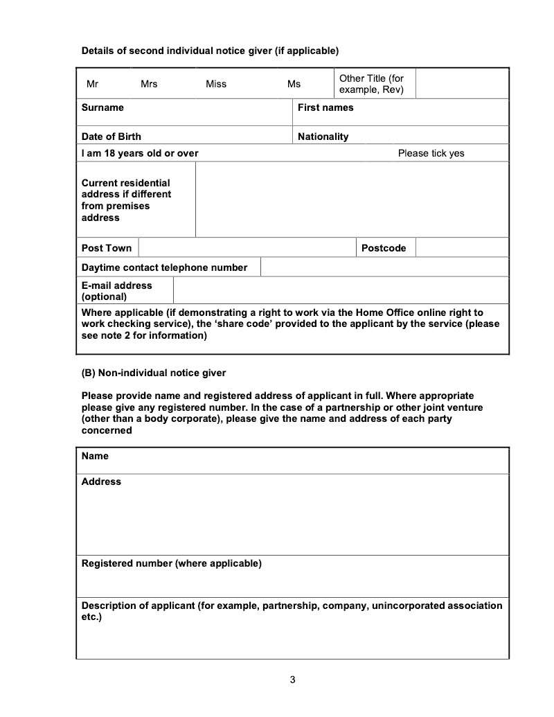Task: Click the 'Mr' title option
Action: tap(92, 84)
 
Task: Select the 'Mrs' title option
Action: tap(149, 84)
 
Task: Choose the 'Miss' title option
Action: tap(216, 84)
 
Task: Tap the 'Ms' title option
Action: tap(294, 84)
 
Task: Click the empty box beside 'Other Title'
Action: tap(462, 84)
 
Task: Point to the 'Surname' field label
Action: tap(102, 107)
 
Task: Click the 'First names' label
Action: tap(325, 107)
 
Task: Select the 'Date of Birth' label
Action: tap(111, 136)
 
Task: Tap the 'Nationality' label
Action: tap(323, 136)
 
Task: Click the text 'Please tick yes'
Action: tap(431, 153)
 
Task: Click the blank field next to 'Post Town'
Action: tap(247, 248)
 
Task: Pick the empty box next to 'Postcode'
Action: tap(462, 248)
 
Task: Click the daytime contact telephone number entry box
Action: tap(384, 267)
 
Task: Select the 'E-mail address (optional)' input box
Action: tap(340, 291)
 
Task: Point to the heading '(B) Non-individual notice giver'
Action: tap(154, 373)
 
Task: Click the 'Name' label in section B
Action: tap(95, 456)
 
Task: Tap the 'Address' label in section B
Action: tap(101, 481)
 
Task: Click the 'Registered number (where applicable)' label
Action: tap(172, 563)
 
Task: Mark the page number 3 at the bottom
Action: tap(292, 680)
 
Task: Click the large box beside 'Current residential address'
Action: tap(352, 200)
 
